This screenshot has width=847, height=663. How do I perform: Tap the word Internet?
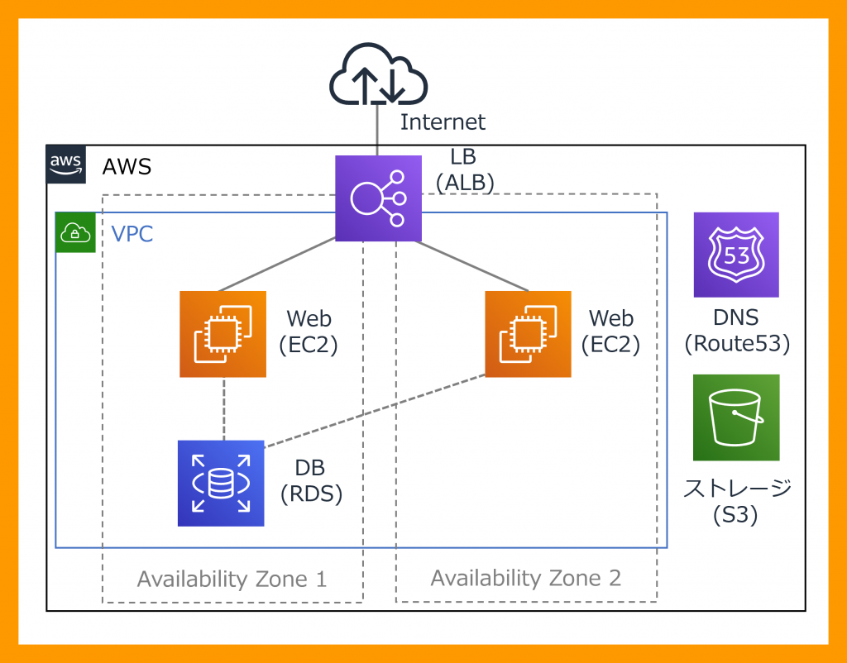point(443,122)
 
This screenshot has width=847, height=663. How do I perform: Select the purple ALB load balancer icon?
point(378,198)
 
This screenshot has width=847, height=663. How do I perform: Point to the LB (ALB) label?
point(465,170)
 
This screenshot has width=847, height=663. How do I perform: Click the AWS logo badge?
point(66,165)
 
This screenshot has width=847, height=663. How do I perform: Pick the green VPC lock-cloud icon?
point(75,232)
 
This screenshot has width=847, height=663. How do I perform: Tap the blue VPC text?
point(132,234)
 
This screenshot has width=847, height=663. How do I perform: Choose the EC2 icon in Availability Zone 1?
point(223,334)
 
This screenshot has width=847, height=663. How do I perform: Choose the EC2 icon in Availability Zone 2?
point(528,334)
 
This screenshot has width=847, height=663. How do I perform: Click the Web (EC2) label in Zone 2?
point(610,331)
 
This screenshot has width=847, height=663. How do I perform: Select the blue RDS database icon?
point(221,484)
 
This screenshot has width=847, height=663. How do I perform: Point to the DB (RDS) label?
point(311,481)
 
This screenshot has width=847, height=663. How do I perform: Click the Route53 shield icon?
point(736,255)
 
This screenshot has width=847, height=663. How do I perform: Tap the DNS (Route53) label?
point(737,331)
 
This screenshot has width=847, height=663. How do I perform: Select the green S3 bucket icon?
point(736,417)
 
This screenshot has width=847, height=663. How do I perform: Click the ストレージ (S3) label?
point(737,502)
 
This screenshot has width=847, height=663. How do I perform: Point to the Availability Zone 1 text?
point(232,580)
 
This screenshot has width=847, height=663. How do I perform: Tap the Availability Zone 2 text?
point(525,578)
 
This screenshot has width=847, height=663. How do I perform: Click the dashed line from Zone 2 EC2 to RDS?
point(375,411)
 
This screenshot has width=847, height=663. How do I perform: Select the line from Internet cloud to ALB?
point(377,130)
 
